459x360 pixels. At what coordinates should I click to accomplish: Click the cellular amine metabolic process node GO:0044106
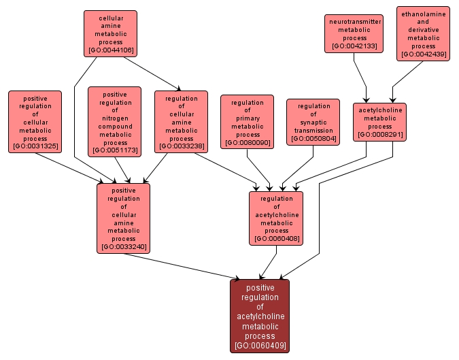110,33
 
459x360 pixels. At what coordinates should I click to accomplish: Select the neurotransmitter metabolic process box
354,34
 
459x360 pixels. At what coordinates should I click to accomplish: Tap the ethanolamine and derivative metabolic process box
423,33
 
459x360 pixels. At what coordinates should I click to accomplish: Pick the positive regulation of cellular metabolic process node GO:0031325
35,121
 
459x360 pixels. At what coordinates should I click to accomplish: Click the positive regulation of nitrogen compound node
114,121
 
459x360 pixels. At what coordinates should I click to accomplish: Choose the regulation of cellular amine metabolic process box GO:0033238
181,121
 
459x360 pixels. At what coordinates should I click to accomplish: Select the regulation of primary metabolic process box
247,121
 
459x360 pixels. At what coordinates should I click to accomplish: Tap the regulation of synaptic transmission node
313,121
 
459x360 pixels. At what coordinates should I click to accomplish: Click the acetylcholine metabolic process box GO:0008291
379,122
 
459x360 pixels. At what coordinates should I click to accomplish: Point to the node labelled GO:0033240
123,218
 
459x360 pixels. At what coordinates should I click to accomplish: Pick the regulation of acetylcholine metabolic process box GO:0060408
276,218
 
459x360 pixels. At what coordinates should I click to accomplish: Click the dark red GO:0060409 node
260,316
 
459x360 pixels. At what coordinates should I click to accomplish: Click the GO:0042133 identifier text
354,47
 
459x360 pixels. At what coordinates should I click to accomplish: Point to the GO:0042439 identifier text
423,55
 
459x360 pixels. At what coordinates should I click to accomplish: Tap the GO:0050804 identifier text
313,139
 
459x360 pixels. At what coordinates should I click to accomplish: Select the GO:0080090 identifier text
247,143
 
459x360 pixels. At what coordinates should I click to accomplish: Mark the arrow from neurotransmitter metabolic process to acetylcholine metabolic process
360,78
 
